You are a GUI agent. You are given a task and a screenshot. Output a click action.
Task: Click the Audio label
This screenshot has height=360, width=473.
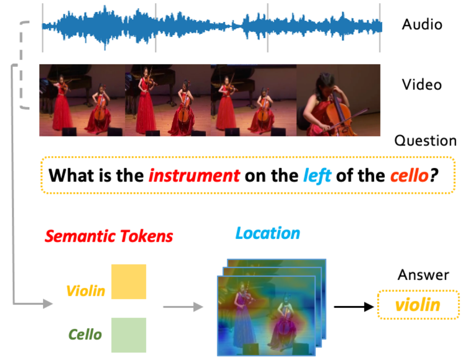pos(422,24)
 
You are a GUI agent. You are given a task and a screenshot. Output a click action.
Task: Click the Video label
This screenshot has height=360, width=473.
pos(422,84)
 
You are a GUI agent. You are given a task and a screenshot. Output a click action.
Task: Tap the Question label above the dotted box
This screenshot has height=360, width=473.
pos(425,141)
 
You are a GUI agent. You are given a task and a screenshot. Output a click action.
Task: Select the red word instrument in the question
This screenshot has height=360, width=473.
pos(194,175)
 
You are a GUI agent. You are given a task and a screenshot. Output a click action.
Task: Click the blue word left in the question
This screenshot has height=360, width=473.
pos(317,175)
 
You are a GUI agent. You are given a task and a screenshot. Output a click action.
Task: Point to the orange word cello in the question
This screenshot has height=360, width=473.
pos(409,175)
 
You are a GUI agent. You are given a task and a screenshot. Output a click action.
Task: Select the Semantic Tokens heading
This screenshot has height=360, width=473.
pos(109,236)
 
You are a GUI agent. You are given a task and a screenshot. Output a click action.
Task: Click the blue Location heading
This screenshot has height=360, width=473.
pos(268,233)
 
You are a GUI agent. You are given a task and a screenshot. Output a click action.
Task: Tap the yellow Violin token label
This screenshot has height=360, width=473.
pos(86,291)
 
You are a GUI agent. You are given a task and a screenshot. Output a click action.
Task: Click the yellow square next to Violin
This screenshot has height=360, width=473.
pos(129,282)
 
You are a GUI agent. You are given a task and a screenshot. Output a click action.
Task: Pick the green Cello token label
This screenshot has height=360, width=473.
pos(85,334)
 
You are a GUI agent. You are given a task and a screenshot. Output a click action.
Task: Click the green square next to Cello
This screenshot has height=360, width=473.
pos(129,335)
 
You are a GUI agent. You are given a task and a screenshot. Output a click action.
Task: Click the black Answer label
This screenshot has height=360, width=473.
pos(423,275)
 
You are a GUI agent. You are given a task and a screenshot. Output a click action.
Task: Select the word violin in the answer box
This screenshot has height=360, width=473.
pos(418,305)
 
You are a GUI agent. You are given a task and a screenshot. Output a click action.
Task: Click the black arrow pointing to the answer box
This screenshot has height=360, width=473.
pos(353,307)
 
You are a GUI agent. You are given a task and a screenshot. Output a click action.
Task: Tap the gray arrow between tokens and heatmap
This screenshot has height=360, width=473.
pos(183,307)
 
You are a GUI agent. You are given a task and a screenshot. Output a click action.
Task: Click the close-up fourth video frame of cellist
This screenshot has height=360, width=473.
pos(338,100)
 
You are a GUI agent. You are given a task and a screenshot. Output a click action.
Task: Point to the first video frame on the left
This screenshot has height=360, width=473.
pos(82,100)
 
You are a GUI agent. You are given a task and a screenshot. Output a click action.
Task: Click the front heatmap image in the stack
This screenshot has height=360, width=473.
pos(266,316)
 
